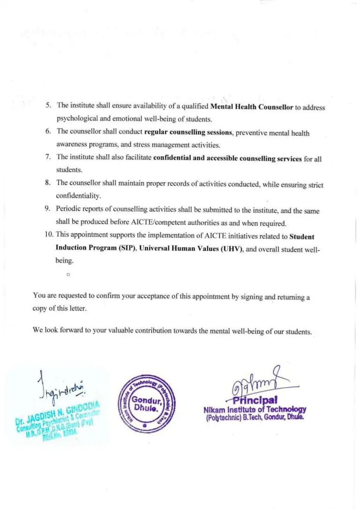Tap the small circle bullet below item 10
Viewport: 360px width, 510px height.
pos(68,273)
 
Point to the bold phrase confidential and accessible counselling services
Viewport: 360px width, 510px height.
pos(227,159)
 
